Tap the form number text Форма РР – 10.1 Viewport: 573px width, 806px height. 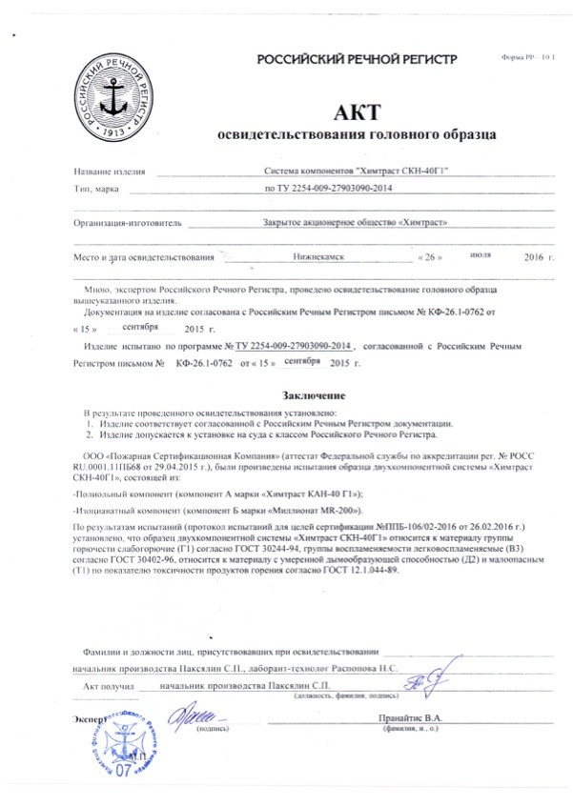(526, 58)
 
